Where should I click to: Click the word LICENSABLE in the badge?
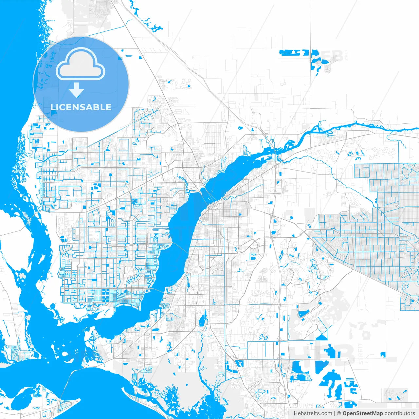tap(81, 107)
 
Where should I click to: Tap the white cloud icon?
tap(81, 64)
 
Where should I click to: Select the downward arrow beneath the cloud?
tap(77, 90)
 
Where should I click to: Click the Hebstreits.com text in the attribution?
tap(313, 413)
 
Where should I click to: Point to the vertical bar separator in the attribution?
tap(334, 413)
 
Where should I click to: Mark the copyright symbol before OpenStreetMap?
tap(339, 413)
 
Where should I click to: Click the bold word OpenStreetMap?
tap(363, 413)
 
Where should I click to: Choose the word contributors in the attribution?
tap(400, 413)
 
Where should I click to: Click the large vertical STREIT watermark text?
tap(361, 354)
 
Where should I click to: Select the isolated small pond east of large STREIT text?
tap(382, 354)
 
